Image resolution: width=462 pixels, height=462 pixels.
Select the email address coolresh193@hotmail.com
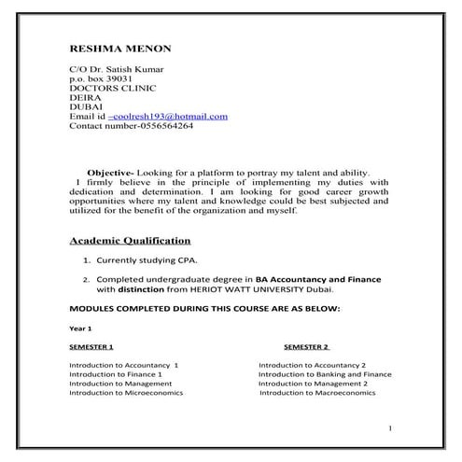[170, 116]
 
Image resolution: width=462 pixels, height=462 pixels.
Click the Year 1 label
[80, 329]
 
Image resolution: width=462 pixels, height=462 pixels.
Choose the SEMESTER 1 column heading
[91, 346]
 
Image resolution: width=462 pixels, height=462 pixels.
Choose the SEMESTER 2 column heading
[306, 346]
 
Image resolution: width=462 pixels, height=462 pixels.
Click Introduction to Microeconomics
[126, 393]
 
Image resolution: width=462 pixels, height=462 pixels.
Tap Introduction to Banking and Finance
[325, 373]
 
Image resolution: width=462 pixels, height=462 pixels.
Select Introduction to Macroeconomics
[317, 393]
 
